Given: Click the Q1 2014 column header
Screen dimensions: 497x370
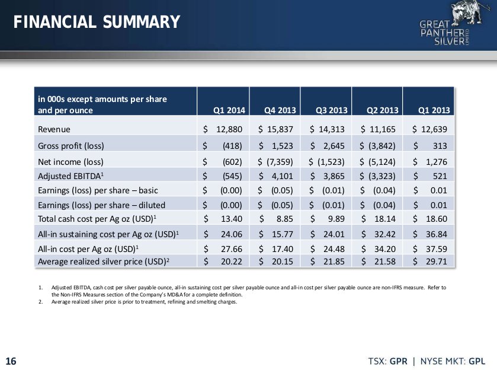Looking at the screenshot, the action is pyautogui.click(x=229, y=110).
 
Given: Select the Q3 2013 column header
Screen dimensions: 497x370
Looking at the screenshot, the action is pyautogui.click(x=332, y=110).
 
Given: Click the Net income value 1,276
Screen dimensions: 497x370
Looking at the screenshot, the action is pyautogui.click(x=437, y=162).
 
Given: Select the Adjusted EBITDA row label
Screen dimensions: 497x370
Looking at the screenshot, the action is pyautogui.click(x=71, y=176).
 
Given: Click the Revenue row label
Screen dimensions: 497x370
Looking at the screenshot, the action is pyautogui.click(x=54, y=129).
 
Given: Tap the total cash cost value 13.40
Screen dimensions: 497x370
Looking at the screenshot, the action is pyautogui.click(x=232, y=219).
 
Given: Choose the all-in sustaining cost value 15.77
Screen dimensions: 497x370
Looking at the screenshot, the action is pyautogui.click(x=283, y=234).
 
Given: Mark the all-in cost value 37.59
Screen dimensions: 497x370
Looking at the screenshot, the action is pyautogui.click(x=437, y=249).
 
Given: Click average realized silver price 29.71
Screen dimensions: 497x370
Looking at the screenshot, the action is pyautogui.click(x=437, y=261).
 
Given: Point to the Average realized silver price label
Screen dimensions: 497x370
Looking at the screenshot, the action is pyautogui.click(x=104, y=261).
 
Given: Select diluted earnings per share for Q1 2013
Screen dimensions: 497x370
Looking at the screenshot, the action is pyautogui.click(x=439, y=205).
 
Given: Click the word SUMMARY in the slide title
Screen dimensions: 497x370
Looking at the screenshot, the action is pyautogui.click(x=141, y=22).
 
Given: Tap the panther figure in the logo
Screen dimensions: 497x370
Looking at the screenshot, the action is pyautogui.click(x=467, y=12).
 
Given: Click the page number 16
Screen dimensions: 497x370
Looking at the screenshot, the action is pyautogui.click(x=11, y=361).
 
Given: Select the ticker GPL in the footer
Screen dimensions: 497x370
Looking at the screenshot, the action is pyautogui.click(x=477, y=361).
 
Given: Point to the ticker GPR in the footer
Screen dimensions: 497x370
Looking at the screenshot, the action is pyautogui.click(x=399, y=361).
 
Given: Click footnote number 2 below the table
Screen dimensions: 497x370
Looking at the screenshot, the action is pyautogui.click(x=40, y=302).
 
